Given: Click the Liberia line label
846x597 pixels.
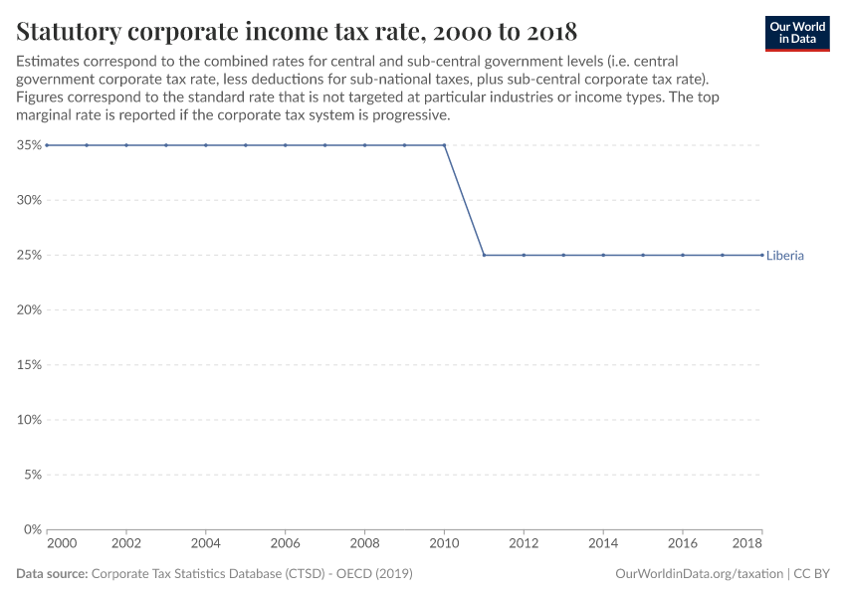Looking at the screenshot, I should pyautogui.click(x=784, y=256).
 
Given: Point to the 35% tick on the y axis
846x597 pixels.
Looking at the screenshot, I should pyautogui.click(x=29, y=145).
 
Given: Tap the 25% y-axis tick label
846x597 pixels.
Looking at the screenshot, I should pyautogui.click(x=29, y=255).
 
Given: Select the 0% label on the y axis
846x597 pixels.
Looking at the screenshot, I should pyautogui.click(x=32, y=529).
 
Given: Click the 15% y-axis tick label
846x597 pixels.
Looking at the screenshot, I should pyautogui.click(x=29, y=365).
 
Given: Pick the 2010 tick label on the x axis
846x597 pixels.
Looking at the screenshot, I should pyautogui.click(x=444, y=545).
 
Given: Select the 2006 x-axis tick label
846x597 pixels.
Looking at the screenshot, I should pyautogui.click(x=285, y=545).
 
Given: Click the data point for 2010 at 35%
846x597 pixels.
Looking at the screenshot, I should pyautogui.click(x=444, y=145).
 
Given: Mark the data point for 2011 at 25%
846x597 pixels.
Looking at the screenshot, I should pyautogui.click(x=484, y=255).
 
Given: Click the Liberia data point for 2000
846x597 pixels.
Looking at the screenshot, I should pyautogui.click(x=47, y=145).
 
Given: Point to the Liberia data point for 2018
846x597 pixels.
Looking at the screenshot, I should pyautogui.click(x=762, y=255).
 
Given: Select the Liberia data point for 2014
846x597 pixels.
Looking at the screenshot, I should pyautogui.click(x=603, y=255).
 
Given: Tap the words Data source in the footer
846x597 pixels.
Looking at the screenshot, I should pyautogui.click(x=52, y=574).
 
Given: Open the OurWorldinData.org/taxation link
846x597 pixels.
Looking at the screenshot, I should pyautogui.click(x=700, y=574).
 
